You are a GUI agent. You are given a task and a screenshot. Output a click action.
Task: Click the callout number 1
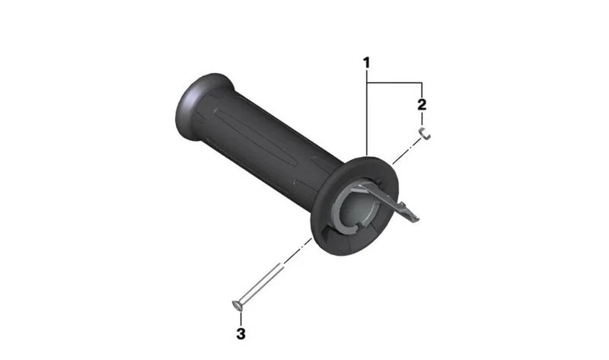366,62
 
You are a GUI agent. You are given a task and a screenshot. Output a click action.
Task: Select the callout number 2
422,104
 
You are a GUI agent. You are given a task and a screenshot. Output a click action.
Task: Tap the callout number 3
241,333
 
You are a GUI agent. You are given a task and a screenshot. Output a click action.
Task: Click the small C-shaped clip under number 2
425,133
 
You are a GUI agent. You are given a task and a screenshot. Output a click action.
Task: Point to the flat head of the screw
237,306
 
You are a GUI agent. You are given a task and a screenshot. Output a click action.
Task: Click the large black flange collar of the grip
354,205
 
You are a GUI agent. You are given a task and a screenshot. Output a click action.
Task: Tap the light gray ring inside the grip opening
338,212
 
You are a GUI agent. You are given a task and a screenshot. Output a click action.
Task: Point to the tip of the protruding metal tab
416,219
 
